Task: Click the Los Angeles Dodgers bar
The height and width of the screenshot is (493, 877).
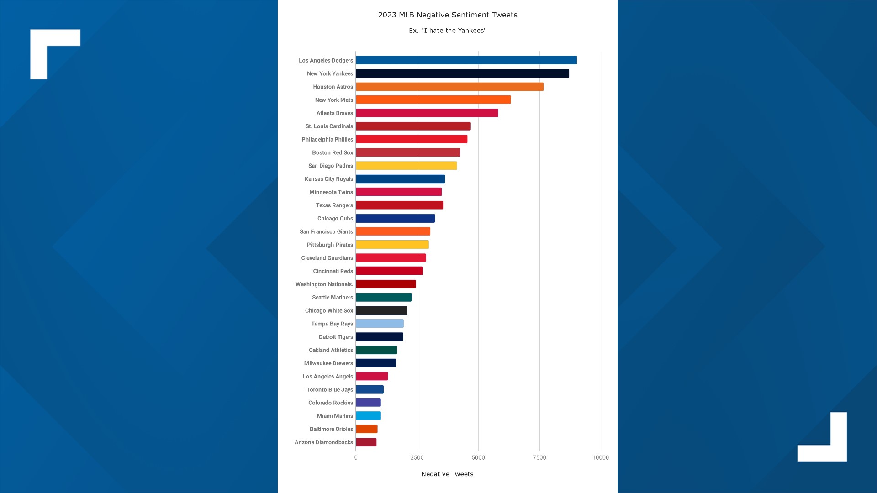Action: (x=466, y=60)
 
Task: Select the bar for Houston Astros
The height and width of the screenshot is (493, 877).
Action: (x=449, y=87)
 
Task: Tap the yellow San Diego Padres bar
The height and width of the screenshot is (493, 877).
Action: (x=406, y=166)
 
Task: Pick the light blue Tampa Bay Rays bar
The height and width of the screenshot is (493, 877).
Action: (x=380, y=324)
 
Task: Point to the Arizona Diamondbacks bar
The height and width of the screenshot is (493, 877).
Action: (x=366, y=442)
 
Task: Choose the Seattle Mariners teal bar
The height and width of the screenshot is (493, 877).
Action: (x=384, y=298)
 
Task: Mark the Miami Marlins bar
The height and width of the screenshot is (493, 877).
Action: (x=368, y=416)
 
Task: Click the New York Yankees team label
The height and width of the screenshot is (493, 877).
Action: (x=330, y=73)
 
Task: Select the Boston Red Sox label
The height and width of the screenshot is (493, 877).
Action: (x=333, y=153)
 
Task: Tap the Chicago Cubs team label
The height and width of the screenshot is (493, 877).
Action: (x=335, y=219)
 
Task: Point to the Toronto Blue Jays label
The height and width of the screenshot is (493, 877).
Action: (x=330, y=390)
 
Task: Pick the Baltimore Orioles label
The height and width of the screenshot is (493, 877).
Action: (x=331, y=429)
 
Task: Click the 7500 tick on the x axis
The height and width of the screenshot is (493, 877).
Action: (x=539, y=457)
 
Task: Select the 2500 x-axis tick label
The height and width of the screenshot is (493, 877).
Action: (x=417, y=457)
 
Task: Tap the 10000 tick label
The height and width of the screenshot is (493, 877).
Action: (x=601, y=457)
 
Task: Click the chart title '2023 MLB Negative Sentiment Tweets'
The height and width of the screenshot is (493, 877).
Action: (x=448, y=15)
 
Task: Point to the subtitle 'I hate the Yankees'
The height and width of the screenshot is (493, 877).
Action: (x=448, y=31)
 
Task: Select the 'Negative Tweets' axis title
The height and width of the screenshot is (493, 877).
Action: (x=448, y=474)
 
